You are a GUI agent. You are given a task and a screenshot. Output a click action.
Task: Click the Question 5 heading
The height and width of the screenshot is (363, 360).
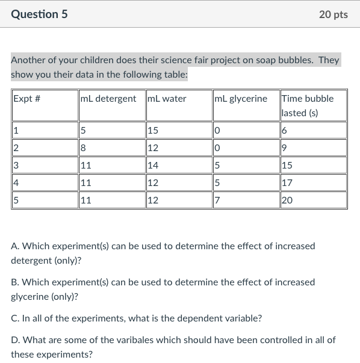click(x=39, y=14)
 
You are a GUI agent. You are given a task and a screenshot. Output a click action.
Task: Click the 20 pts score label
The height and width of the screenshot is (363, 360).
click(x=333, y=14)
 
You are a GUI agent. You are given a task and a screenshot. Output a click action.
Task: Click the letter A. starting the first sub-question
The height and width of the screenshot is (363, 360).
click(x=15, y=246)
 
